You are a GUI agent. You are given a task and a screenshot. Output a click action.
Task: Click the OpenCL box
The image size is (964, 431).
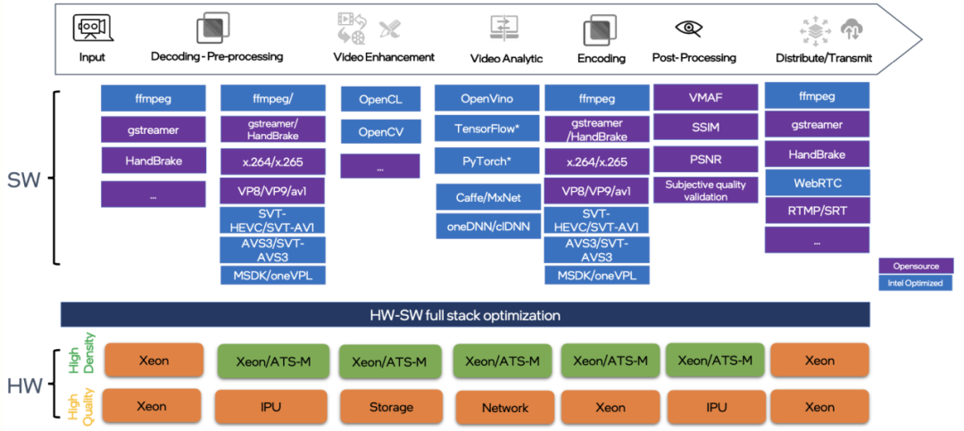[380, 99]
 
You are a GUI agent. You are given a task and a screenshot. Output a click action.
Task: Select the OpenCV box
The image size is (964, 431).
[380, 132]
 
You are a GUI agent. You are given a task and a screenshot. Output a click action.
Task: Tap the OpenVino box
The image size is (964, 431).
[486, 99]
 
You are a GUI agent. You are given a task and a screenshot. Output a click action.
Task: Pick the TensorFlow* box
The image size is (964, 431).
[486, 128]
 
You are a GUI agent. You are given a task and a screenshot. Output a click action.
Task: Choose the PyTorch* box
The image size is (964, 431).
[486, 162]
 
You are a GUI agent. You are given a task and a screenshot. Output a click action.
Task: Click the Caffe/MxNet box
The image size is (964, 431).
[486, 195]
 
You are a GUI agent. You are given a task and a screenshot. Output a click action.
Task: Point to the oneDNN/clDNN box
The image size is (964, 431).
[486, 226]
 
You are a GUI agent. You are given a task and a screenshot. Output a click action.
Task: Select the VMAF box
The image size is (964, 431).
[705, 96]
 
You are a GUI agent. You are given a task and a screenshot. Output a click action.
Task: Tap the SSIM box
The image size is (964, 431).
[705, 128]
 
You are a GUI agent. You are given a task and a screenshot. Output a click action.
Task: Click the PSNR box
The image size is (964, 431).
[705, 160]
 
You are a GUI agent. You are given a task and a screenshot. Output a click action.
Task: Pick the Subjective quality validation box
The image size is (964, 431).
[705, 191]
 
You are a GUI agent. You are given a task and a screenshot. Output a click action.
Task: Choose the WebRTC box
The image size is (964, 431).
[817, 183]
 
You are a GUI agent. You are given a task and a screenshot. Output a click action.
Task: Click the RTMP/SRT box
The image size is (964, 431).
[817, 211]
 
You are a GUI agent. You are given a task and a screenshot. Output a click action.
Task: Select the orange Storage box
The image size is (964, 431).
[391, 407]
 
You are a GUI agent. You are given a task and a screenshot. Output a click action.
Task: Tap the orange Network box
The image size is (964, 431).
[505, 408]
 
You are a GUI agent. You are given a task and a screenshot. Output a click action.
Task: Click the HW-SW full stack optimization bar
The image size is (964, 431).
[465, 315]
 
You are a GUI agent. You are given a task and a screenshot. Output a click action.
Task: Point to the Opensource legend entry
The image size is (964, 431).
[915, 266]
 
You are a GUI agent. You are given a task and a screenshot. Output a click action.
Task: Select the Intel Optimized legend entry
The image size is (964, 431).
[915, 283]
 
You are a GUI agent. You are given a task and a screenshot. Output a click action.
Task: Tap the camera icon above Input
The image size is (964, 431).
[91, 29]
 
